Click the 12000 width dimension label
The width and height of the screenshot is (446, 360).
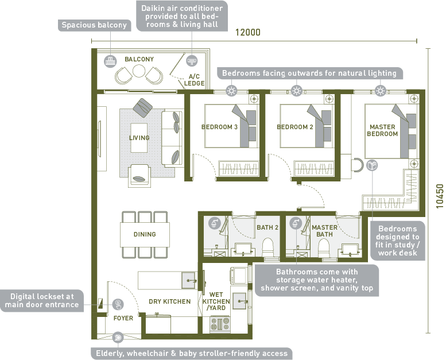[248, 32]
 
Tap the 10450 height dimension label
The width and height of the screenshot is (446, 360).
[440, 196]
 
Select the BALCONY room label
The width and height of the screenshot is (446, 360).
[139, 59]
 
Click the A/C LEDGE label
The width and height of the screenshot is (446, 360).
[194, 80]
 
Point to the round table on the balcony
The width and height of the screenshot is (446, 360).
[139, 71]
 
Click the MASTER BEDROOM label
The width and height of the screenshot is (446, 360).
[382, 130]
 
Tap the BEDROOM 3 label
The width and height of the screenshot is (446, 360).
[219, 127]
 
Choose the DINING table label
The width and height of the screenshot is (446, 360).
[145, 234]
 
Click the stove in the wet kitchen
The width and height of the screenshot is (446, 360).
[220, 324]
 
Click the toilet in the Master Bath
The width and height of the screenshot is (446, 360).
[323, 248]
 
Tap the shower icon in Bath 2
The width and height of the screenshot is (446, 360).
[215, 223]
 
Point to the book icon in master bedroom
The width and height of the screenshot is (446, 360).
[372, 165]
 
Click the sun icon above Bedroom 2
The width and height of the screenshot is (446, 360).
[296, 91]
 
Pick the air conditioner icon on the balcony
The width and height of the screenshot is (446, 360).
[192, 61]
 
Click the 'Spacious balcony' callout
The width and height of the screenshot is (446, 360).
[95, 25]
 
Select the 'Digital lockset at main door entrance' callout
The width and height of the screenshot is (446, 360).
[42, 300]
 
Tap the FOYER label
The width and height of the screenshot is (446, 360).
[123, 318]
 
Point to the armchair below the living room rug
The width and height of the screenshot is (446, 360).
[139, 176]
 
